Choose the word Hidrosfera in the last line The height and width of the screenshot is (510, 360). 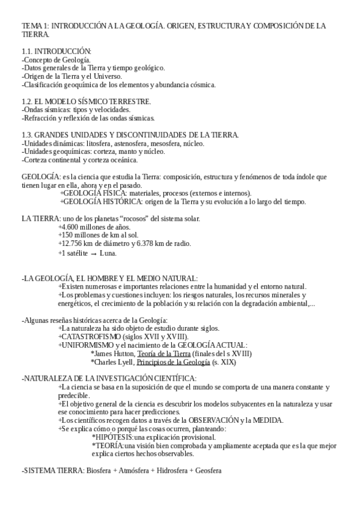tap(172, 470)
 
